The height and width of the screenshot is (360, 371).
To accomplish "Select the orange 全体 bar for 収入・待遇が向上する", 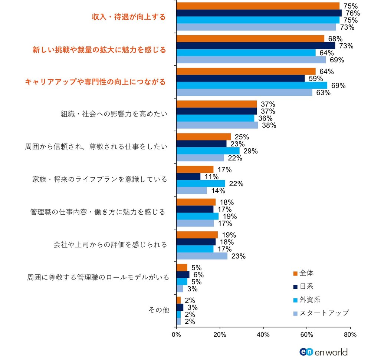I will click(x=258, y=6).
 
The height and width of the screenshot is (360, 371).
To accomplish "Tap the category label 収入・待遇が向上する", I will click(x=129, y=17).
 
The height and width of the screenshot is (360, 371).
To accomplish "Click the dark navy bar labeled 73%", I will click(x=256, y=46).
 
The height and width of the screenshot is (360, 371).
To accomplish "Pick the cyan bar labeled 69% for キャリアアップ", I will click(x=252, y=86).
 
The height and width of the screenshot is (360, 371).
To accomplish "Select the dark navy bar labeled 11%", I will click(x=188, y=176).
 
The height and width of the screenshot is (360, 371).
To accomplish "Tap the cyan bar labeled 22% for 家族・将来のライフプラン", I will click(x=201, y=184).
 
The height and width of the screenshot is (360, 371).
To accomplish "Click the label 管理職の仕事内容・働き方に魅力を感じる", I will click(x=98, y=212).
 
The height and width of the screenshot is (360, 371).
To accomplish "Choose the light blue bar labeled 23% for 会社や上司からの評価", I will click(x=202, y=256).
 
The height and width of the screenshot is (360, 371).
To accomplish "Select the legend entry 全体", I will click(x=306, y=273).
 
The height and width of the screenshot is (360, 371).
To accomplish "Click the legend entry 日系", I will click(x=306, y=286).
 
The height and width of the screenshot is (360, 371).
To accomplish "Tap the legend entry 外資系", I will click(x=309, y=300).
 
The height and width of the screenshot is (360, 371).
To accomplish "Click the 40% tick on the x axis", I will click(x=263, y=334).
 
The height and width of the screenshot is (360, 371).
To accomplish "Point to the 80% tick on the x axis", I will click(x=350, y=334).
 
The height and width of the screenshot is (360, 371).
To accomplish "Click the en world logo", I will click(x=323, y=351).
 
